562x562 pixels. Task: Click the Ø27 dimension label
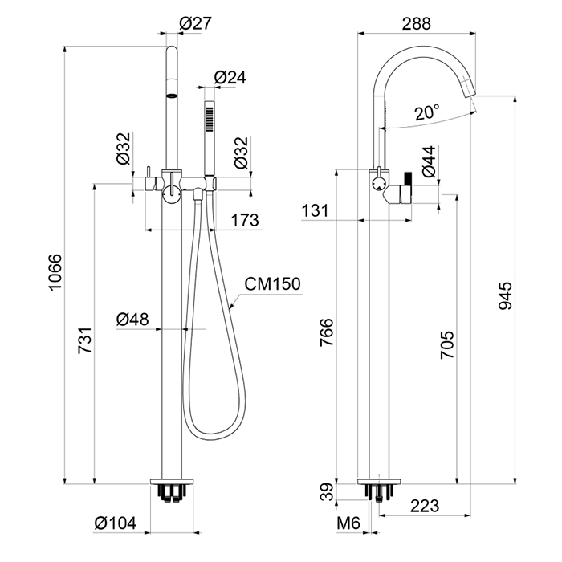(x=195, y=23)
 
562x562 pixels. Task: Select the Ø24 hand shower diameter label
(x=230, y=77)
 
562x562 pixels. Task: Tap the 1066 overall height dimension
(x=55, y=272)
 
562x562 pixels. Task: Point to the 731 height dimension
(x=85, y=340)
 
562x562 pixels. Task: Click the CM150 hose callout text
(x=272, y=284)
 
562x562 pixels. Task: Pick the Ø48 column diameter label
(x=132, y=319)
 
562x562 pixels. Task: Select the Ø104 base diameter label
(x=116, y=523)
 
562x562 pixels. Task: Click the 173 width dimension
(x=244, y=220)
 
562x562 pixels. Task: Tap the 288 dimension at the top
(x=416, y=23)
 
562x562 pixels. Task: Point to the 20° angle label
(x=426, y=113)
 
